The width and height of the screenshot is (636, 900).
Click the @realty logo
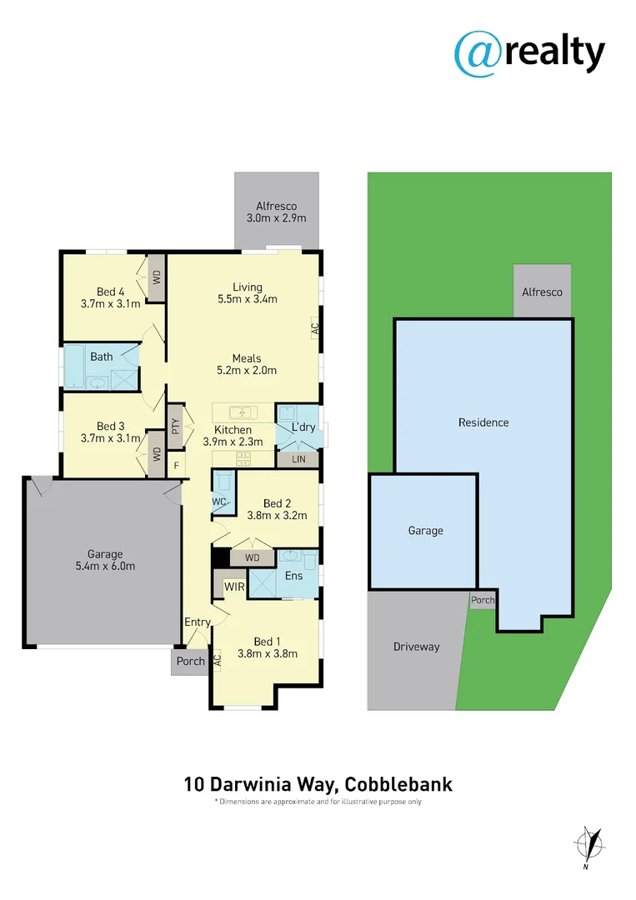click(529, 53)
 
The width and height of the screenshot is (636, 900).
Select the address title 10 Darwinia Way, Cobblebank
click(318, 784)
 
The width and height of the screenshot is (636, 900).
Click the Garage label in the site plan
click(425, 531)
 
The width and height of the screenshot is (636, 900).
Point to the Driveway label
click(416, 647)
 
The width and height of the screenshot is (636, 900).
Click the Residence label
click(483, 422)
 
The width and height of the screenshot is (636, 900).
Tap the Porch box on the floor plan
click(191, 662)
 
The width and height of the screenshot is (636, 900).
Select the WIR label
click(234, 587)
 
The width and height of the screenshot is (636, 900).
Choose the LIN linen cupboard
click(298, 459)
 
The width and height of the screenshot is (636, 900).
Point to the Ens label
click(294, 575)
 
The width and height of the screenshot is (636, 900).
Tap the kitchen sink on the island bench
click(242, 412)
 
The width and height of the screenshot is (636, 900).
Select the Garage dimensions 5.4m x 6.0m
click(105, 567)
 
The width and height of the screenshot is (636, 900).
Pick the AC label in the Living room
click(315, 328)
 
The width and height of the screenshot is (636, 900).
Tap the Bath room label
click(102, 357)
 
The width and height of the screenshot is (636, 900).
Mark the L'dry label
click(302, 428)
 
